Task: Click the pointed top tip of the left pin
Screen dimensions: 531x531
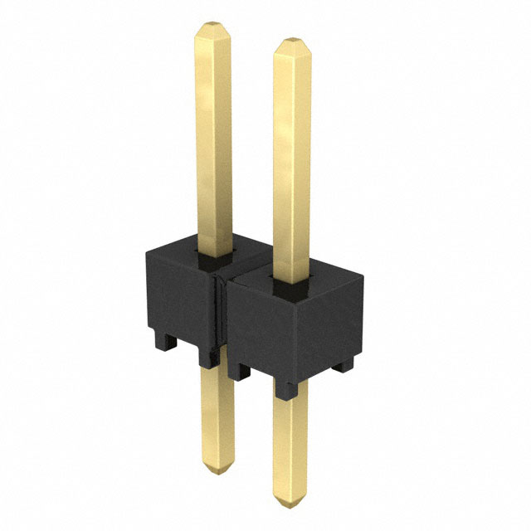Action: pyautogui.click(x=210, y=27)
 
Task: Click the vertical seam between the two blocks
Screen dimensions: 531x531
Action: pyautogui.click(x=221, y=311)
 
